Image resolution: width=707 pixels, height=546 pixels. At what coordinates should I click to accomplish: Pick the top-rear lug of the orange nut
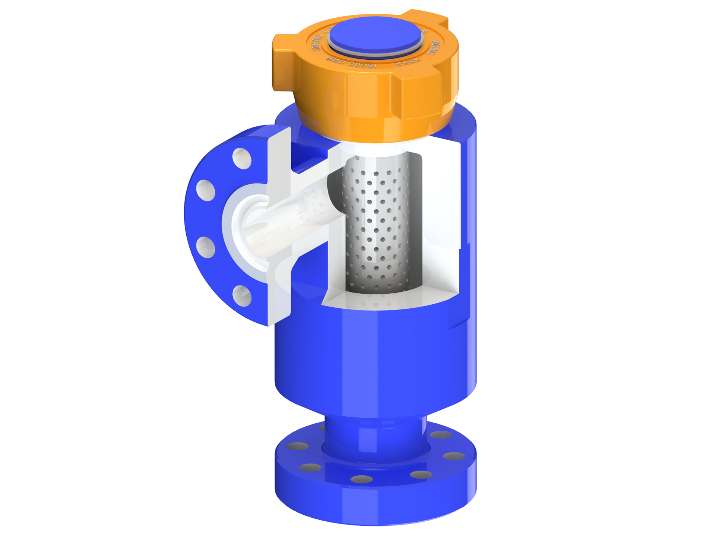427,17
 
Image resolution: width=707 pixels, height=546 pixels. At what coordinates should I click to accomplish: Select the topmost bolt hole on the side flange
242,158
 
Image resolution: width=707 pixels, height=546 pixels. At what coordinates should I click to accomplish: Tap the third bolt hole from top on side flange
205,247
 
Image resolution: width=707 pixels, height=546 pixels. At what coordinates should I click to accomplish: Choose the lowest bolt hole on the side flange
242,295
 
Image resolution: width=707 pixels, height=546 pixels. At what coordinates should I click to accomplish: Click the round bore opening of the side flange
254,232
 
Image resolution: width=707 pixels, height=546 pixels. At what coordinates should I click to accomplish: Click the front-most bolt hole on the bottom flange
362,479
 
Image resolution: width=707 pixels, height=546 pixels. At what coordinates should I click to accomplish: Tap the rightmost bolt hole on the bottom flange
454,456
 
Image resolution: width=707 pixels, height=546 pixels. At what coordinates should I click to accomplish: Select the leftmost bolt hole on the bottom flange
298,446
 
